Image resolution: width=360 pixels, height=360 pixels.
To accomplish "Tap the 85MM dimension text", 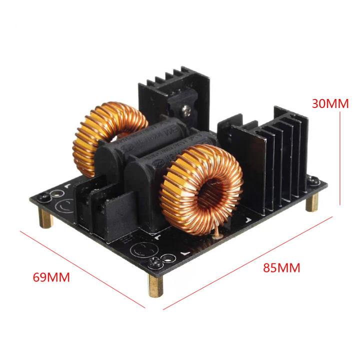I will click(x=281, y=267).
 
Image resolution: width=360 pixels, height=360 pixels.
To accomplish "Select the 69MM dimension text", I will click(x=51, y=276).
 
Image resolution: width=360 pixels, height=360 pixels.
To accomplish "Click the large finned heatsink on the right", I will click(x=270, y=160).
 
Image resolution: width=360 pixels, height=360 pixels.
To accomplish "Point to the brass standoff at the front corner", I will click(x=152, y=285).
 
